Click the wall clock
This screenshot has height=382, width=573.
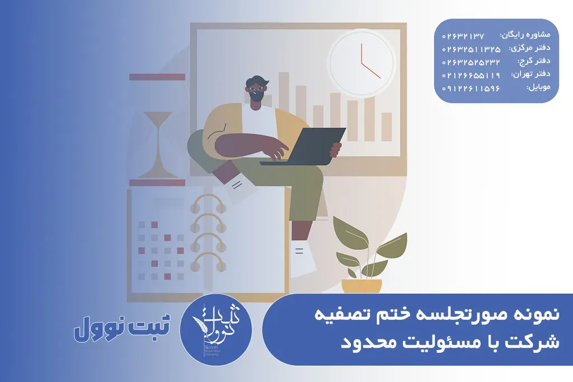coord(361,63)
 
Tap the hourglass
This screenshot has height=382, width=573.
coord(157,130)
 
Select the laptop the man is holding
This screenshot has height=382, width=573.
coord(303,146)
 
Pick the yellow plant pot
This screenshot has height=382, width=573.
coord(361,286)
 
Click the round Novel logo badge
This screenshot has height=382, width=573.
coord(216,329)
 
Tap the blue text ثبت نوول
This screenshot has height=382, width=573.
coord(122,328)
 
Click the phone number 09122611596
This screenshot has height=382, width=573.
coord(471,88)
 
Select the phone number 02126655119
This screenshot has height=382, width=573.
coord(471,76)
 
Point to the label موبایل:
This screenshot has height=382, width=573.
coord(538,87)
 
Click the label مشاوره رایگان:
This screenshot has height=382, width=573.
coord(525,35)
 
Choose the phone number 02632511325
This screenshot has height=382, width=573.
coord(471,49)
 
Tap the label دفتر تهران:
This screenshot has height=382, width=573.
coord(530,74)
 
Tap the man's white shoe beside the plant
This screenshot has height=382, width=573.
coord(303,258)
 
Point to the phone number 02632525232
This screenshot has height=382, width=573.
coord(471,62)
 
